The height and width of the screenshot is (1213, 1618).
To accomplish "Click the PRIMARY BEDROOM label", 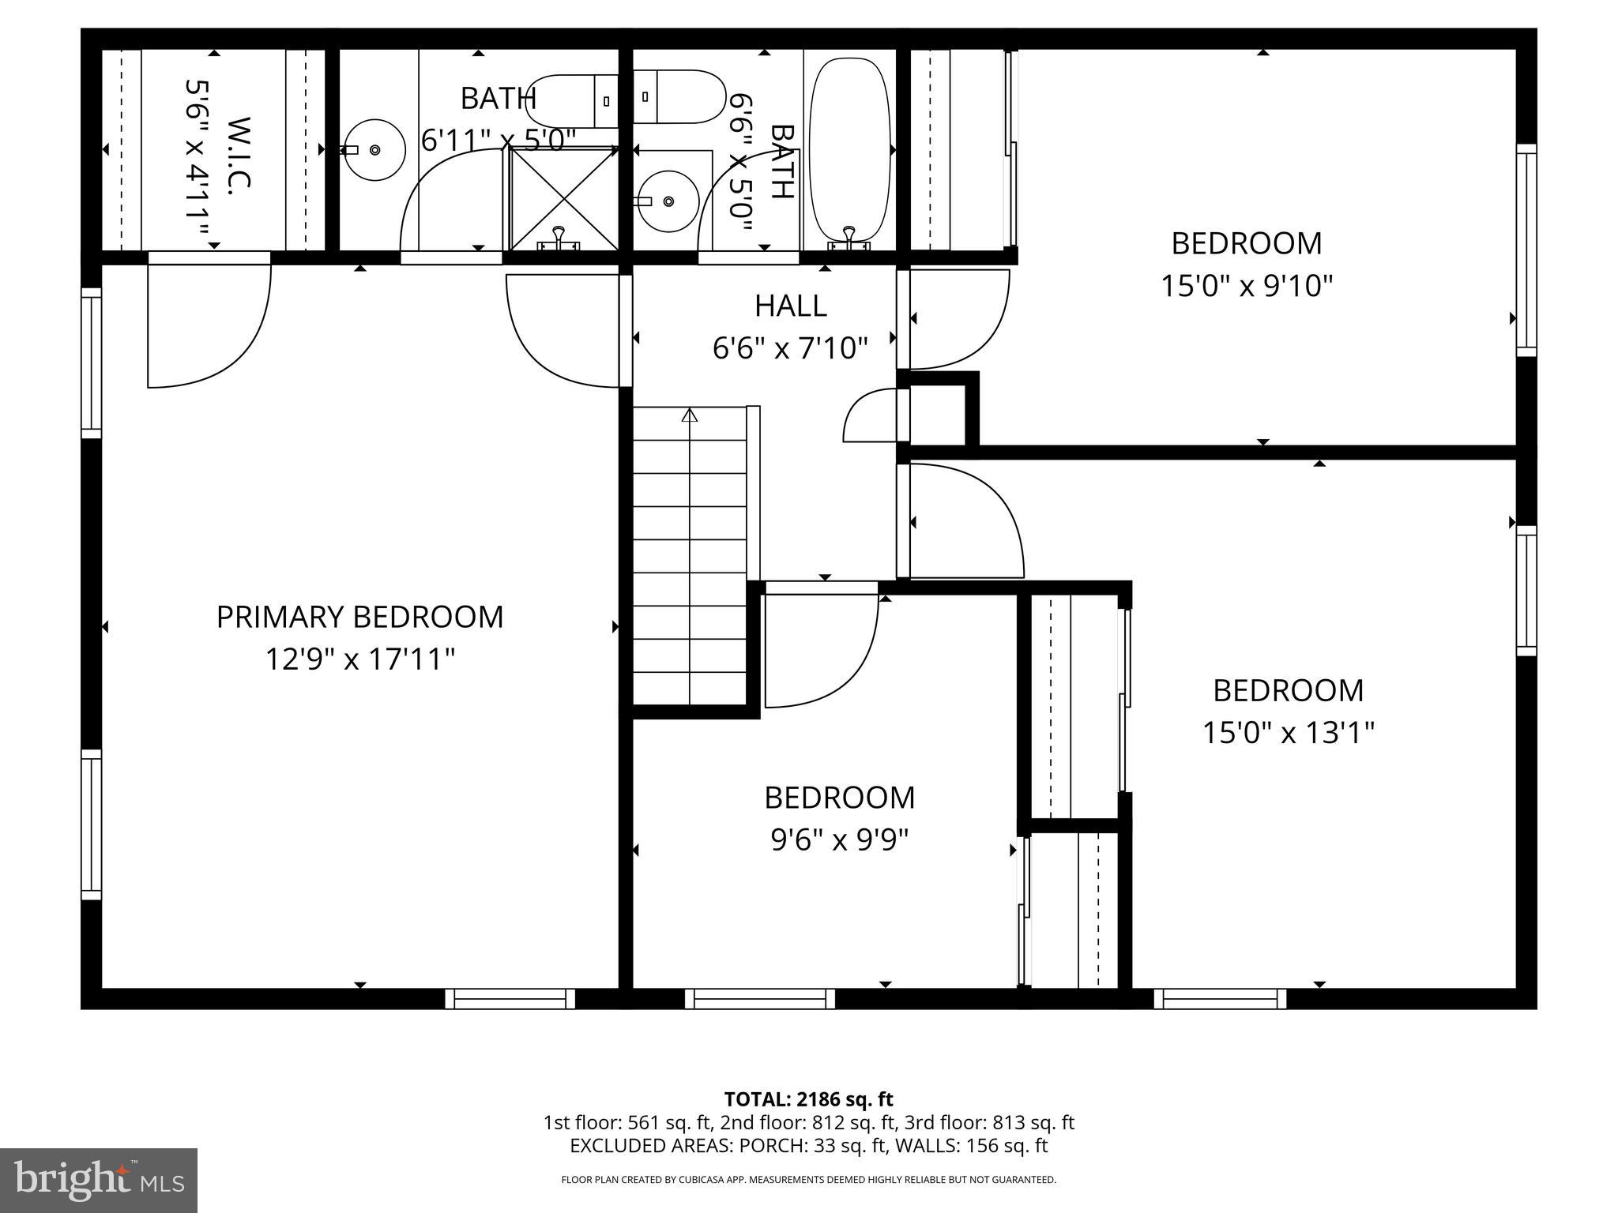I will tap(359, 617).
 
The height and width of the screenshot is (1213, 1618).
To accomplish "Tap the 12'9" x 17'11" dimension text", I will tap(359, 659).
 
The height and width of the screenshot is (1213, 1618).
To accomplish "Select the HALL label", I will tap(790, 306).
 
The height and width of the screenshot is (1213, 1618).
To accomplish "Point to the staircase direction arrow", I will tap(690, 415).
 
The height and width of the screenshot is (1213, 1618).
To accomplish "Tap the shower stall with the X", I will tap(563, 198).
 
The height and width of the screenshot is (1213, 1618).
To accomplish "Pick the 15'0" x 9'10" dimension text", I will tap(1246, 285).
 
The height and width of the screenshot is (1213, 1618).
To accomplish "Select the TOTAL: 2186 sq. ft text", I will tap(808, 1099).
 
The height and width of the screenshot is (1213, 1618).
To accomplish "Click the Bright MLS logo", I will tap(99, 1181).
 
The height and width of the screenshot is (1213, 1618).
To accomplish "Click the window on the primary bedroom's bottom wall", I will tap(510, 999).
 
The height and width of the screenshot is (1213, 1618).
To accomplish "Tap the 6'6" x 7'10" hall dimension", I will tap(790, 347).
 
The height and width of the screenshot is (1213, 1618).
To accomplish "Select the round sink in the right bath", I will tap(668, 201).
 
